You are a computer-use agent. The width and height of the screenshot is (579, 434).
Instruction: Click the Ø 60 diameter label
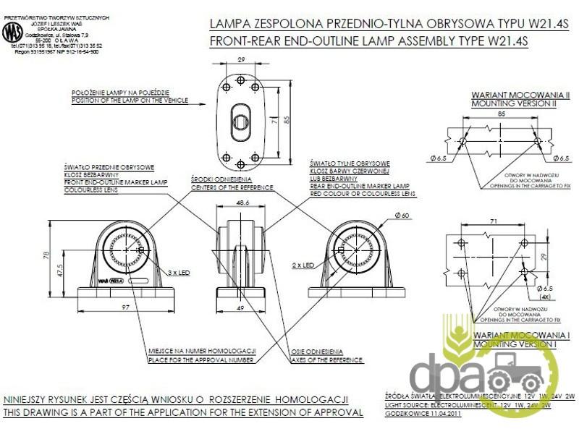point(402,216)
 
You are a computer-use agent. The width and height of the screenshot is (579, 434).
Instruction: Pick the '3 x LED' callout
point(178,273)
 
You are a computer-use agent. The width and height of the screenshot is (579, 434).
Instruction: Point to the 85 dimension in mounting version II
point(501,114)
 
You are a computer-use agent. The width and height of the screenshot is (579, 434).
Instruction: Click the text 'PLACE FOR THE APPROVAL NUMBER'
point(200,359)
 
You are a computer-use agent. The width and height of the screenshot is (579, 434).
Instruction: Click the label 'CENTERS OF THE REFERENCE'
point(232,186)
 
